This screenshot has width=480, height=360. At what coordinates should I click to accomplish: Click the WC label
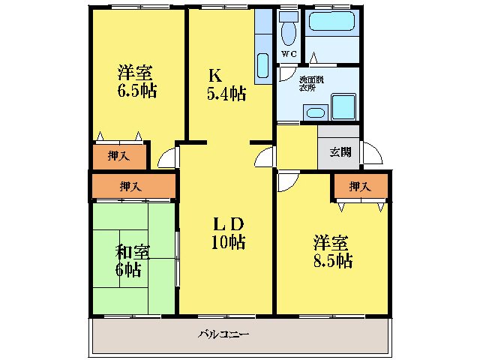(x=289, y=54)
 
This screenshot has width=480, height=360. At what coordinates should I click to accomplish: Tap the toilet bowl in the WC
(x=289, y=31)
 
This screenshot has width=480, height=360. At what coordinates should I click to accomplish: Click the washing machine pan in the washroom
(x=343, y=107)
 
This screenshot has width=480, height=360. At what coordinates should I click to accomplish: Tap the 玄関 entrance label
(x=340, y=152)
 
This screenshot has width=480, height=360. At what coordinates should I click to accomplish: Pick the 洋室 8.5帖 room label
(x=332, y=252)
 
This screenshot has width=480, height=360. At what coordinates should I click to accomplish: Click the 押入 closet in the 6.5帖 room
(x=118, y=156)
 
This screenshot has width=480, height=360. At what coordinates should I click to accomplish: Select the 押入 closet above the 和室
(x=133, y=186)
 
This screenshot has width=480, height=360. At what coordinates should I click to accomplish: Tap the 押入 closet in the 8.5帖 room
(x=361, y=186)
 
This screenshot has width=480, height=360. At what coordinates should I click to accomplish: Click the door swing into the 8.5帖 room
(x=286, y=181)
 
